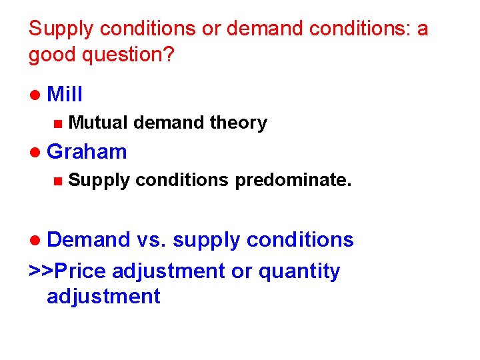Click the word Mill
click(x=65, y=94)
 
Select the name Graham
click(x=87, y=151)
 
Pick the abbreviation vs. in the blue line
click(x=153, y=239)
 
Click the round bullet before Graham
click(x=35, y=153)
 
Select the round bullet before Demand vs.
click(x=35, y=240)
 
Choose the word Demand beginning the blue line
click(x=89, y=239)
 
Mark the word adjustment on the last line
click(x=103, y=296)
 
